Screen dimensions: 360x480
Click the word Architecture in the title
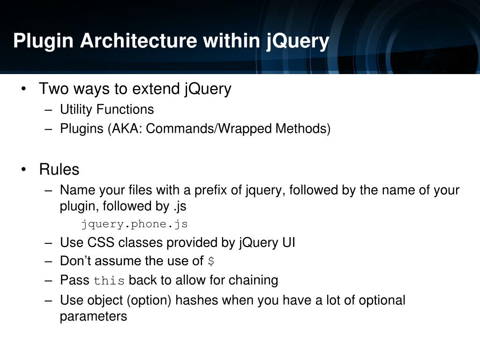point(138,41)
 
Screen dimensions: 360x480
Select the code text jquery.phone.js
point(135,224)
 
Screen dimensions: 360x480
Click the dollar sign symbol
point(211,261)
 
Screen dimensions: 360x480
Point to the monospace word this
point(109,281)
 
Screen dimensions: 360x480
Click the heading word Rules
point(59,169)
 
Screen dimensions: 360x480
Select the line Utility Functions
point(107,110)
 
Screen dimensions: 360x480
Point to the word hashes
point(197,300)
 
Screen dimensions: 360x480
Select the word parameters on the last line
point(93,316)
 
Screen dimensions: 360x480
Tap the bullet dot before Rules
point(23,170)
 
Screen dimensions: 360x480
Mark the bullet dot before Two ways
point(23,89)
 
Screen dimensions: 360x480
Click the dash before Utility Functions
point(49,110)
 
